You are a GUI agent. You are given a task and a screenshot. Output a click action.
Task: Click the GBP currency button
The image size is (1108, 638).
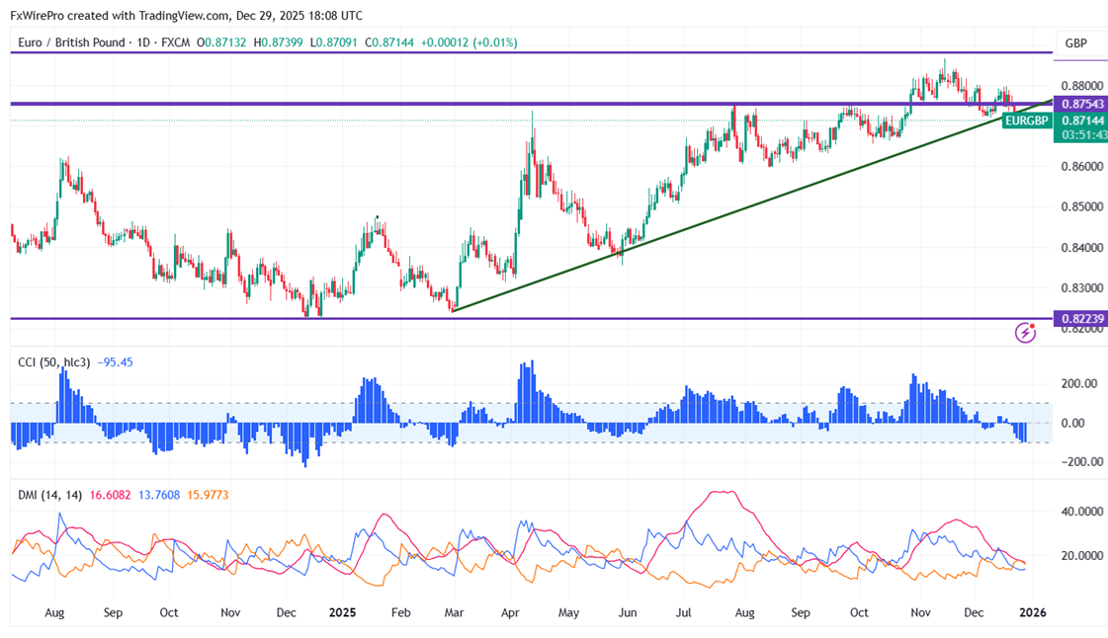click(1076, 43)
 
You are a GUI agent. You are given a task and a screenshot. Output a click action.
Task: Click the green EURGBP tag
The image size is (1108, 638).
click(1025, 120)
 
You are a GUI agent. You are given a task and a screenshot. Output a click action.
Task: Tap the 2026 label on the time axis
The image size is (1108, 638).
click(1032, 612)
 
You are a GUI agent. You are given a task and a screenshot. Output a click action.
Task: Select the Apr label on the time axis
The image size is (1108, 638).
click(511, 612)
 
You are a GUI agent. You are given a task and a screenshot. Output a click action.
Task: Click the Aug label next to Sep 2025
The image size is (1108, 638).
click(744, 612)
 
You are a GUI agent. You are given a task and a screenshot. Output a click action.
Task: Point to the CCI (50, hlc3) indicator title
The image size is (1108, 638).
click(54, 362)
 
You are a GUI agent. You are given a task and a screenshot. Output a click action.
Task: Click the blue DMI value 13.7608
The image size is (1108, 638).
click(158, 494)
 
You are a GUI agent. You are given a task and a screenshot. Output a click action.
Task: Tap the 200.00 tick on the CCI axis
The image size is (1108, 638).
click(1078, 383)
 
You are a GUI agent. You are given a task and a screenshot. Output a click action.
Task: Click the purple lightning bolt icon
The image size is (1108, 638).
click(1025, 333)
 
